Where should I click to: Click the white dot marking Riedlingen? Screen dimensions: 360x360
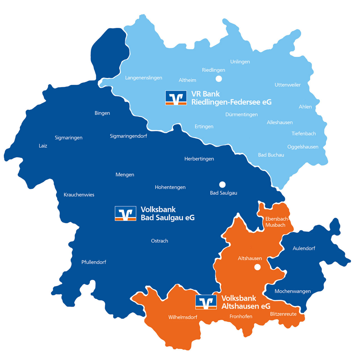click(219, 79)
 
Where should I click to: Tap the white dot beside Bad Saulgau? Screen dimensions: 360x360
click(222, 184)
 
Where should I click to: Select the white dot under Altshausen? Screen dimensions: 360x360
click(257, 267)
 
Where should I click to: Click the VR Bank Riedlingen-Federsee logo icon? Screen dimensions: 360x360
click(176, 98)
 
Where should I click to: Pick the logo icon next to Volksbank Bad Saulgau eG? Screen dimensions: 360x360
click(125, 213)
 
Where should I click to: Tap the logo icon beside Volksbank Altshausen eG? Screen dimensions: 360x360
click(206, 302)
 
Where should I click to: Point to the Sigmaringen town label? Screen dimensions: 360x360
click(69, 138)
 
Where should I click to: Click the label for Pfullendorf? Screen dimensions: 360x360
click(94, 262)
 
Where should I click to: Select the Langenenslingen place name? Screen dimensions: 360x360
click(143, 78)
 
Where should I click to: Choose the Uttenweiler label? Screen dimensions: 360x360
click(287, 85)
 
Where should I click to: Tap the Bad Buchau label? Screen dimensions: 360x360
click(271, 155)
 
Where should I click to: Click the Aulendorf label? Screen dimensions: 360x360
click(304, 248)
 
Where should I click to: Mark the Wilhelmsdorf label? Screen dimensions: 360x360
click(183, 317)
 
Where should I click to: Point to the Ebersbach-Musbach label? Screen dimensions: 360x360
click(276, 222)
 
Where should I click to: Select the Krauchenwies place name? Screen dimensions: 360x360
click(79, 195)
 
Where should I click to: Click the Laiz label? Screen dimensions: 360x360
click(43, 146)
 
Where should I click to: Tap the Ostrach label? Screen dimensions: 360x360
click(159, 241)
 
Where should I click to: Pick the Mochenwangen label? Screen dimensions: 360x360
click(292, 291)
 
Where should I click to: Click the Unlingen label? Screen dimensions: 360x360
click(240, 62)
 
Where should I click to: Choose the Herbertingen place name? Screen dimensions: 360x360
click(199, 159)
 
